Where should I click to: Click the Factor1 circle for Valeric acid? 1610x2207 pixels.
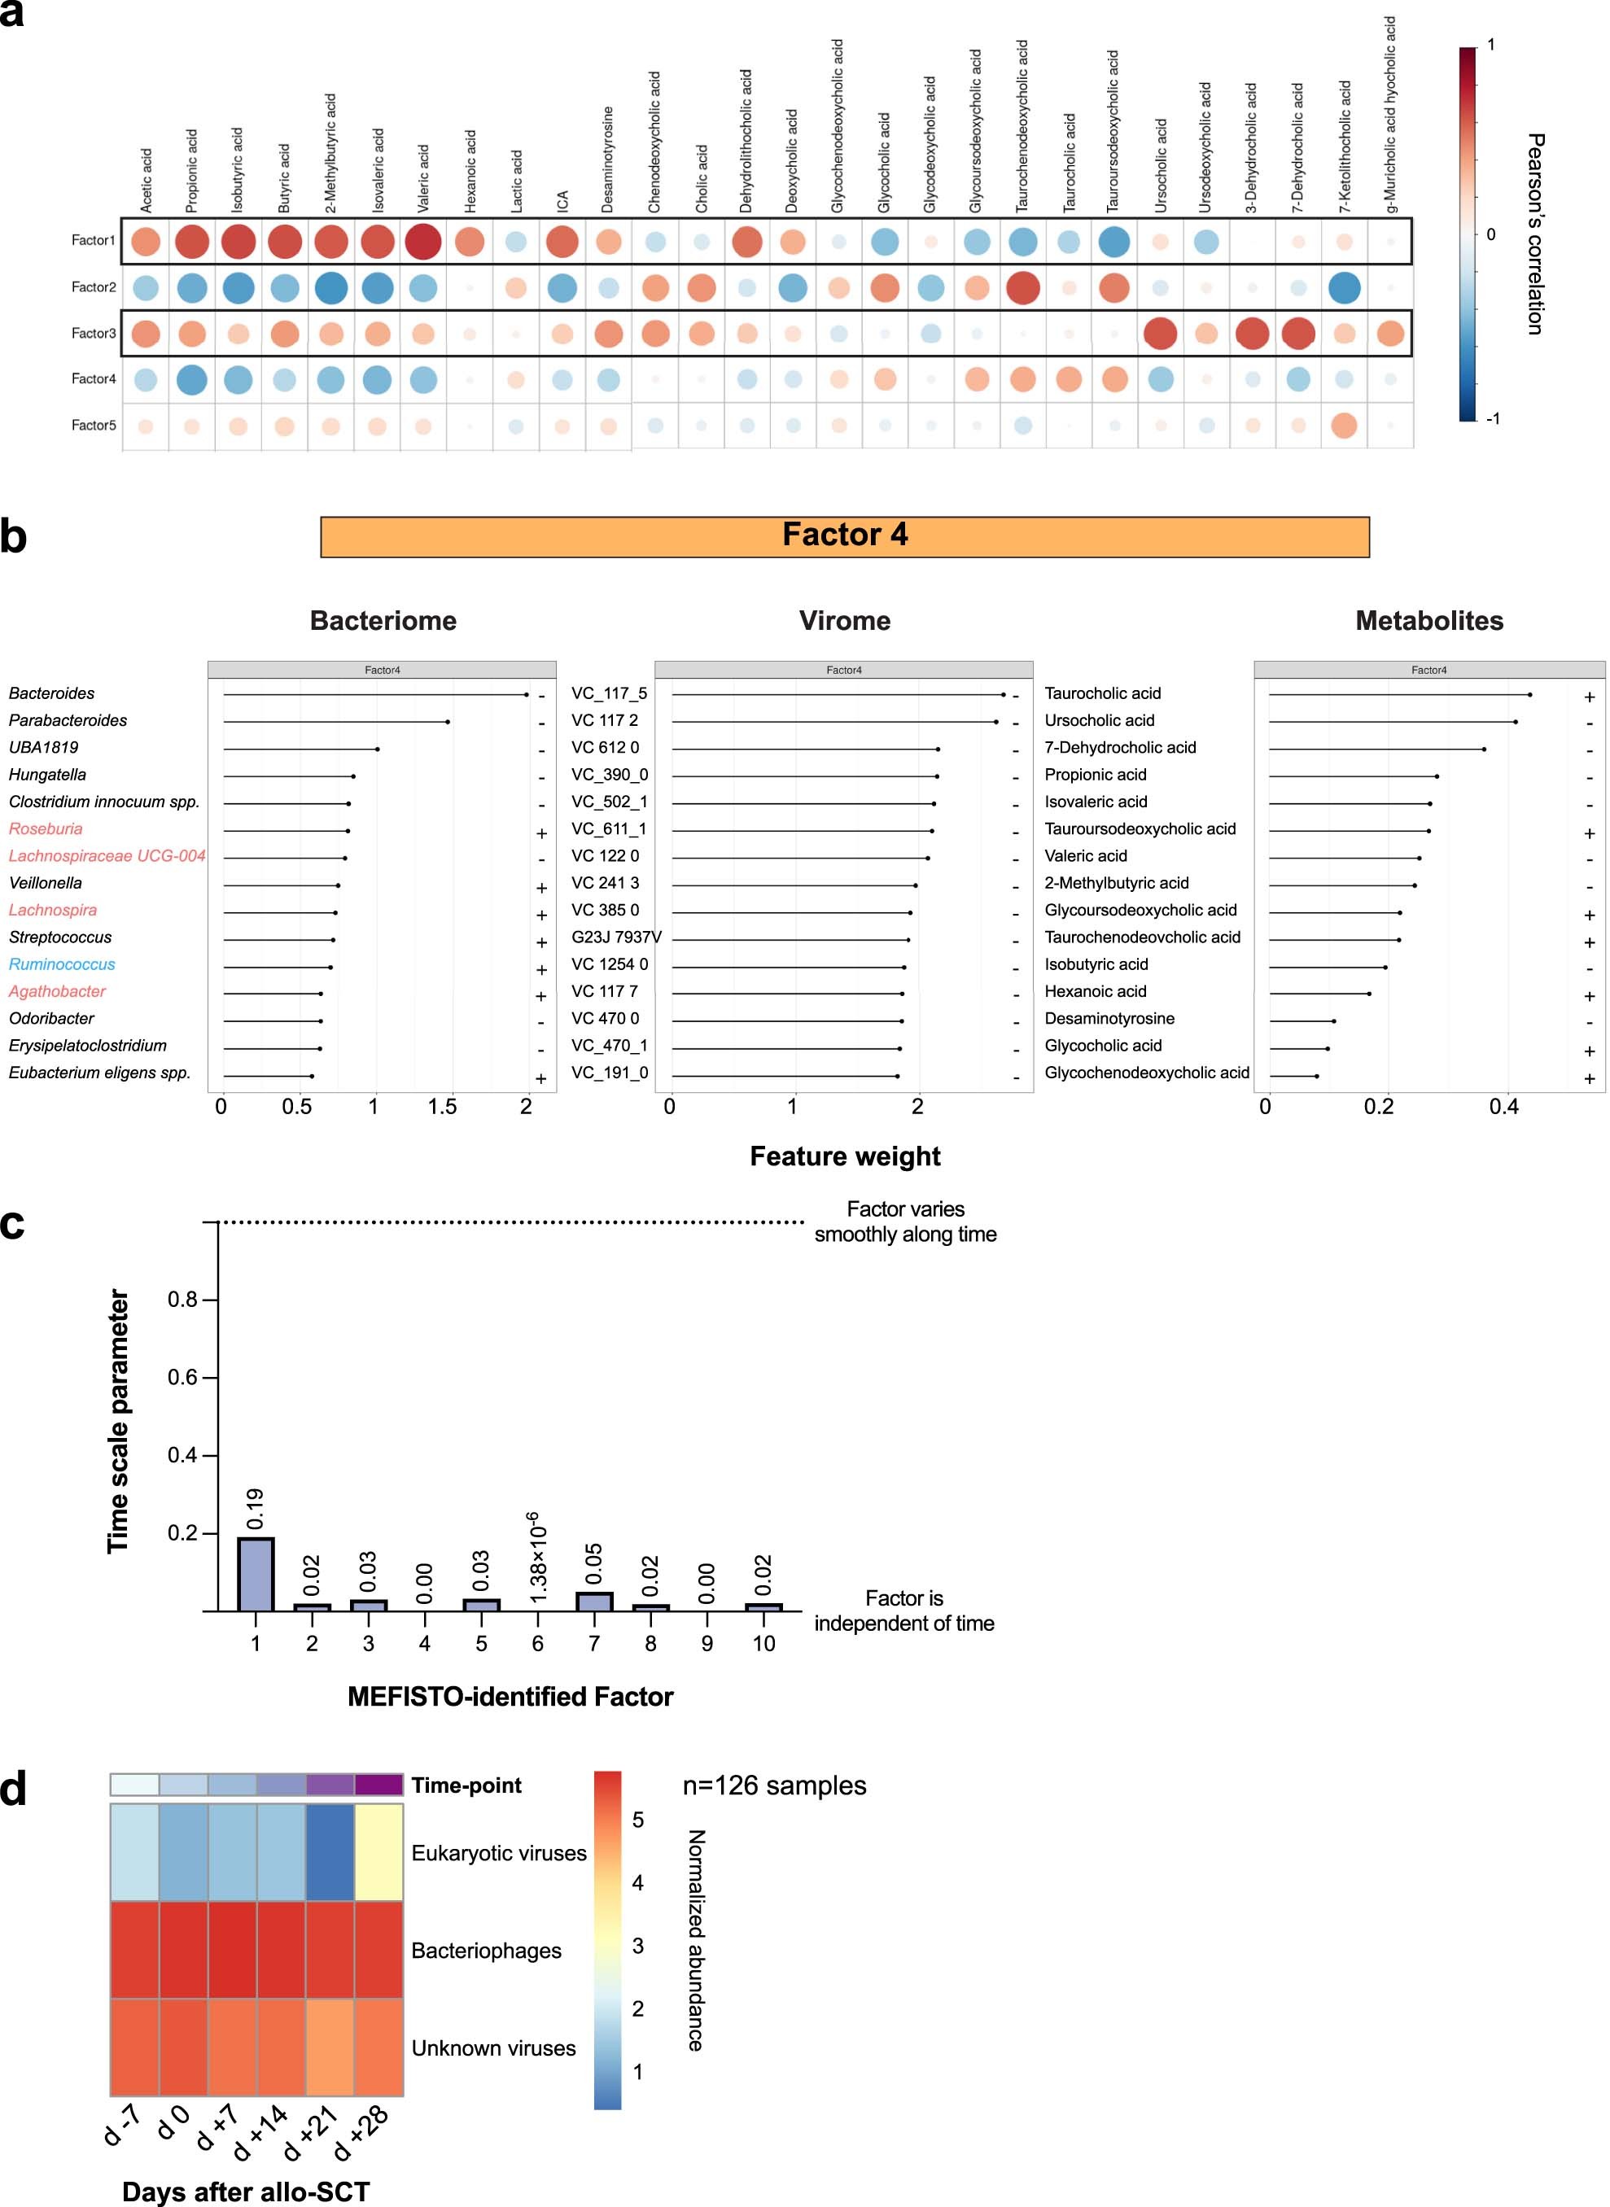[423, 241]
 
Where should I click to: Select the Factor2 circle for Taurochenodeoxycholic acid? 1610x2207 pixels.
[1022, 287]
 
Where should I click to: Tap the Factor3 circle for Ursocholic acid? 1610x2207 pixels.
[1160, 333]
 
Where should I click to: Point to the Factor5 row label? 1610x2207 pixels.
[94, 425]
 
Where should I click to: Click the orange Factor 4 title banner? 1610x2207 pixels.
[844, 536]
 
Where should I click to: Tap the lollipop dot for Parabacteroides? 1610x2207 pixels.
[448, 722]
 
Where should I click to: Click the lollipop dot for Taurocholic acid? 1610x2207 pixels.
[1529, 695]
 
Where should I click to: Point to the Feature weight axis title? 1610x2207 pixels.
[844, 1156]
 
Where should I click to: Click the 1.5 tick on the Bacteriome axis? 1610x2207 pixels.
[443, 1107]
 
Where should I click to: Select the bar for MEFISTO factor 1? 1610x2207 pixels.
[256, 1574]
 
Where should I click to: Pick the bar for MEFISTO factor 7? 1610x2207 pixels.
[594, 1601]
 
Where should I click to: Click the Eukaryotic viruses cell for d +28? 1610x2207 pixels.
[378, 1852]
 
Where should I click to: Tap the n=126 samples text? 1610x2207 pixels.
[774, 1786]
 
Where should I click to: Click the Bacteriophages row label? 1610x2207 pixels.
[486, 1951]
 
